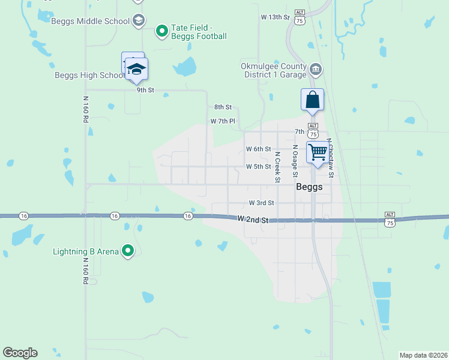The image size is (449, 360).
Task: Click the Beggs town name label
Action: click(309, 187)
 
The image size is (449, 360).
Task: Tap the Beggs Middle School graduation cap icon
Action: click(139, 21)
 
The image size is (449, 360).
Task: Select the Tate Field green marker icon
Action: click(161, 30)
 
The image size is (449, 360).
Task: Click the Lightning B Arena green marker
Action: click(127, 251)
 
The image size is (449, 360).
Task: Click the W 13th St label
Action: click(276, 18)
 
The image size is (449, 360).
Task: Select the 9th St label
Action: click(145, 90)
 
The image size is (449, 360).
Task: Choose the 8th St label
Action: click(223, 107)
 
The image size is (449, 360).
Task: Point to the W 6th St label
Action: click(259, 149)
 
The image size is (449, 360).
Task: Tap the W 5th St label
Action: click(259, 166)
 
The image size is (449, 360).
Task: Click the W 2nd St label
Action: click(252, 220)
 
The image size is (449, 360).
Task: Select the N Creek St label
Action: click(277, 167)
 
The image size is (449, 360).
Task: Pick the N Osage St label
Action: click(295, 161)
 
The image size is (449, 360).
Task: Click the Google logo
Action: click(20, 353)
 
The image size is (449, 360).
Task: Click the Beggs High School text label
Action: click(89, 75)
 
